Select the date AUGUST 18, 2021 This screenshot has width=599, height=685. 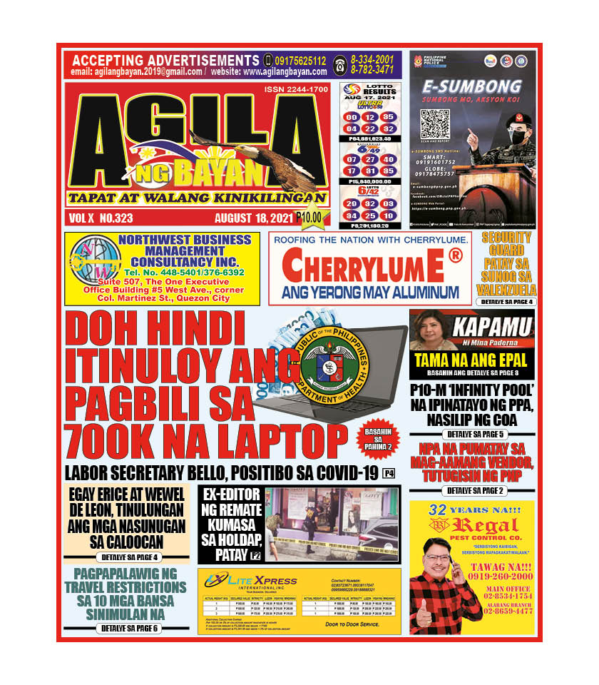point(254,218)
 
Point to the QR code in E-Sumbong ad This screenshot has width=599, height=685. point(434,125)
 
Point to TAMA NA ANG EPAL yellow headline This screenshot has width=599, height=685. point(471,360)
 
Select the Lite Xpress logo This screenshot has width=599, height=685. point(242,581)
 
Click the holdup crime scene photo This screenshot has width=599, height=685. point(332,524)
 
